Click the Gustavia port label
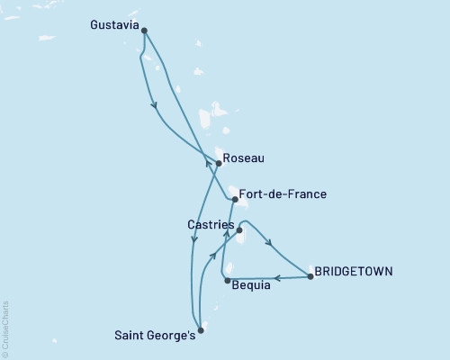click(x=114, y=26)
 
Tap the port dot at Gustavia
click(x=144, y=31)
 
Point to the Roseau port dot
click(x=219, y=164)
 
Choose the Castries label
click(x=211, y=223)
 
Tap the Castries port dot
click(x=239, y=231)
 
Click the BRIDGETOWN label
click(x=353, y=270)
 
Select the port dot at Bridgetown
click(x=310, y=277)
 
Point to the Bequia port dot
click(x=226, y=281)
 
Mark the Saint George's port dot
click(x=201, y=330)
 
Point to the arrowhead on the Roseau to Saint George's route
click(x=194, y=239)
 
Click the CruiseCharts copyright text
click(x=5, y=328)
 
